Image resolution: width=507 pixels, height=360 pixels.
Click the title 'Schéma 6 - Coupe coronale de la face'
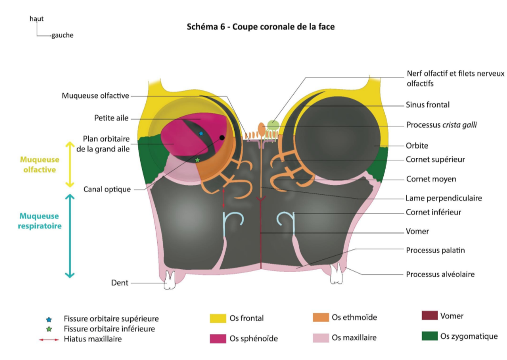coord(261,27)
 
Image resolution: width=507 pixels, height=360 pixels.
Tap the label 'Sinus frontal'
coord(428,105)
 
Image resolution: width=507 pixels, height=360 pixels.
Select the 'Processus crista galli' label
coord(441,126)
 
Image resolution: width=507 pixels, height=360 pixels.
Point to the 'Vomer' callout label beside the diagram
coord(417,231)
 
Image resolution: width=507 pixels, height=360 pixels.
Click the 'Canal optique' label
coord(107,189)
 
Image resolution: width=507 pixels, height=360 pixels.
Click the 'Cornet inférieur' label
coord(433,212)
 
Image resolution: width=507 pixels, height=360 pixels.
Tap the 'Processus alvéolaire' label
coord(440,274)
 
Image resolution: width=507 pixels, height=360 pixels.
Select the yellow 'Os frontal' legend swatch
coord(218,318)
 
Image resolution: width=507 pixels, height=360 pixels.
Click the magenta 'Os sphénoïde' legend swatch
coord(218,338)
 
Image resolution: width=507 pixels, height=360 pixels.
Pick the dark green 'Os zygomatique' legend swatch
coord(430,336)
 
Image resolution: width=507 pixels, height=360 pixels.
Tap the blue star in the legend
coord(48,319)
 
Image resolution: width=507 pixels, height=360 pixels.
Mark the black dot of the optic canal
coord(222,137)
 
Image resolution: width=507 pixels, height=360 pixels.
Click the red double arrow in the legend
coord(48,339)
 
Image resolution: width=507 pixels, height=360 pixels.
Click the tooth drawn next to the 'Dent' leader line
coord(169,281)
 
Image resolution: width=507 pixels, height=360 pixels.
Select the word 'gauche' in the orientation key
coord(62,35)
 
